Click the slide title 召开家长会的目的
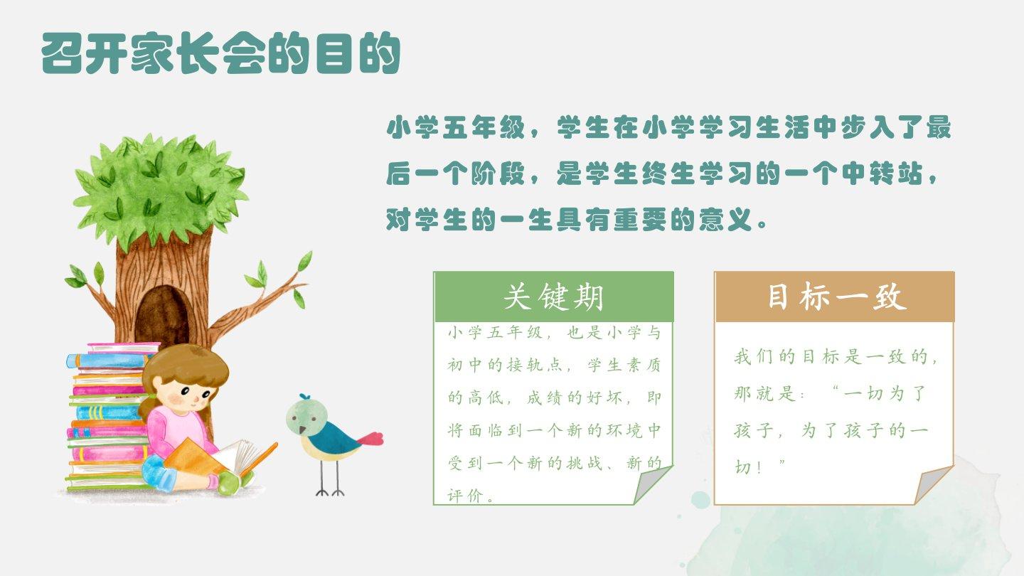220,53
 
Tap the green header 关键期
553,297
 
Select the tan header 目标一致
835,297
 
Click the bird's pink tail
370,439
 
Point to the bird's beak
302,430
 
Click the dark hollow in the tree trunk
162,316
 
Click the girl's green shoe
234,481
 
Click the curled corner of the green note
651,484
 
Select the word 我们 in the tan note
754,356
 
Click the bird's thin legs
330,478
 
